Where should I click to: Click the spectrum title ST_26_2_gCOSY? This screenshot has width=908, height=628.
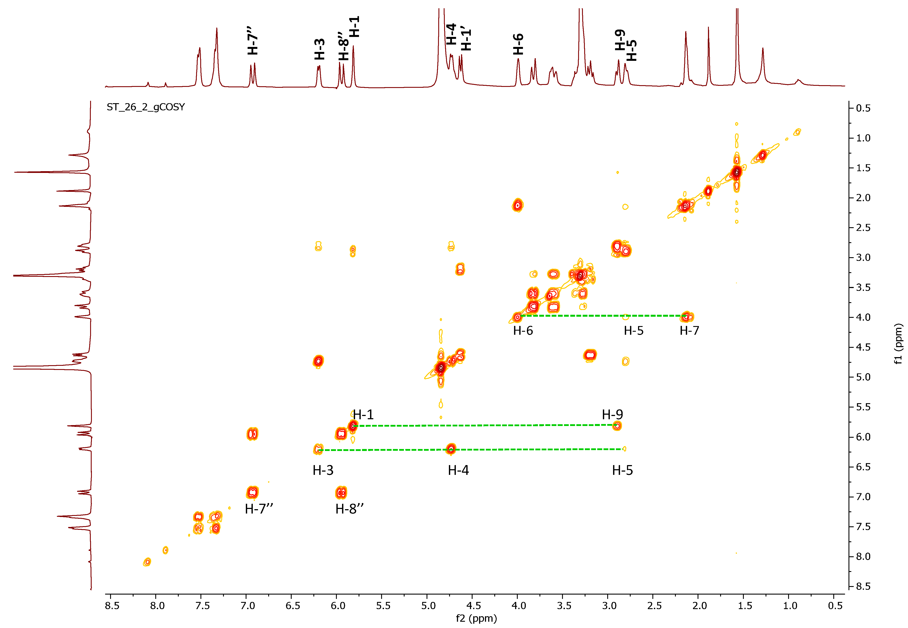pos(146,107)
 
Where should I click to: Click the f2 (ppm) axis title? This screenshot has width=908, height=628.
pos(476,618)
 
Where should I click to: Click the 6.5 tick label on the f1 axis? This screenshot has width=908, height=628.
pos(863,467)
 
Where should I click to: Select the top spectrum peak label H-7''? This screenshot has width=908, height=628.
pos(253,41)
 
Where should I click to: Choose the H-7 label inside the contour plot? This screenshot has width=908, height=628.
pos(689,331)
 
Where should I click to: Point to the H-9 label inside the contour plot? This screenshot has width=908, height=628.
pos(612,414)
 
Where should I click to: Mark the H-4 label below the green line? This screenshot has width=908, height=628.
pos(458,470)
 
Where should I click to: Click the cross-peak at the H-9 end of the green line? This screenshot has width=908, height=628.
pos(617,425)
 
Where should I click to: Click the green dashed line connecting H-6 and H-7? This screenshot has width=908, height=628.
pos(602,316)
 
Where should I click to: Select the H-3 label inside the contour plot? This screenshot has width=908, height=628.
pos(323,470)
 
